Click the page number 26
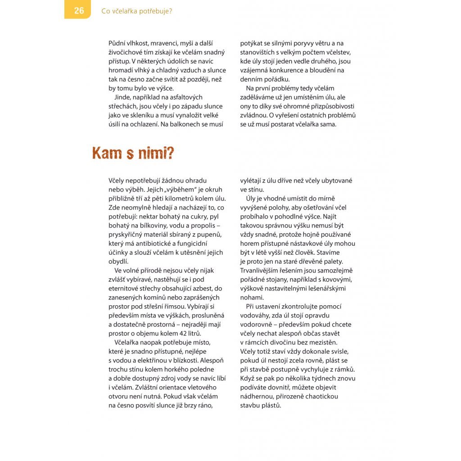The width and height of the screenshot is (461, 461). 79,11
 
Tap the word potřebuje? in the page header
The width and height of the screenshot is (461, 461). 155,11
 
